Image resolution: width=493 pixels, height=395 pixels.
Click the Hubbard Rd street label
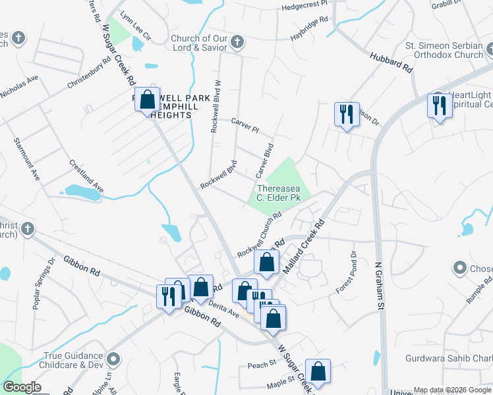coord(391,63)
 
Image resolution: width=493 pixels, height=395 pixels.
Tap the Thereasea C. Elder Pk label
coord(279,193)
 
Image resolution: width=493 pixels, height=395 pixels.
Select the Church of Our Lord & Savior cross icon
coord(237,43)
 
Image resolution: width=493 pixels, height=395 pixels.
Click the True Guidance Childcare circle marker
coord(114,359)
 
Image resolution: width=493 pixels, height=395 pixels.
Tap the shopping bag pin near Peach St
coord(318,371)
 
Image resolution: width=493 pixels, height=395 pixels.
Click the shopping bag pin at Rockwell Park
coord(148,100)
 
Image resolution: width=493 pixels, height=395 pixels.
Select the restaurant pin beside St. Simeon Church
coord(439,105)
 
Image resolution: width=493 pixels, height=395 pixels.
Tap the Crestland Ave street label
coord(86,175)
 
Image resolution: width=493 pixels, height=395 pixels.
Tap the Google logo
coord(21,387)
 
